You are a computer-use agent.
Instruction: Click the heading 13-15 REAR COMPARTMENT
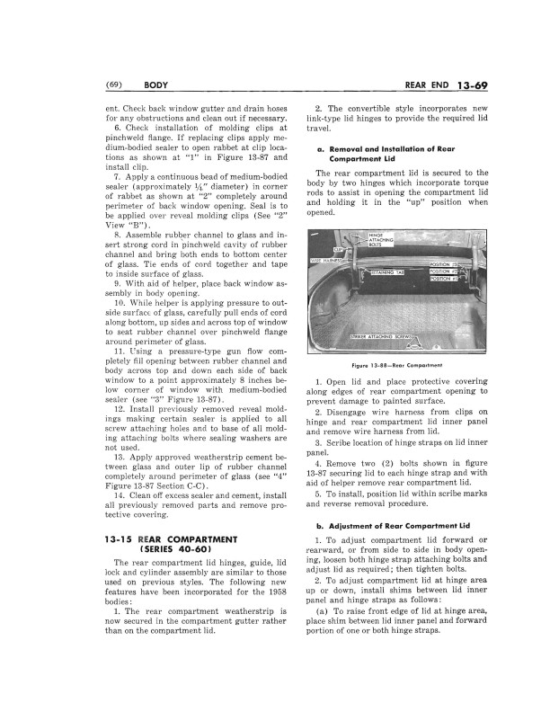162,538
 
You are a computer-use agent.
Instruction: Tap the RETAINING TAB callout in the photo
393,268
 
